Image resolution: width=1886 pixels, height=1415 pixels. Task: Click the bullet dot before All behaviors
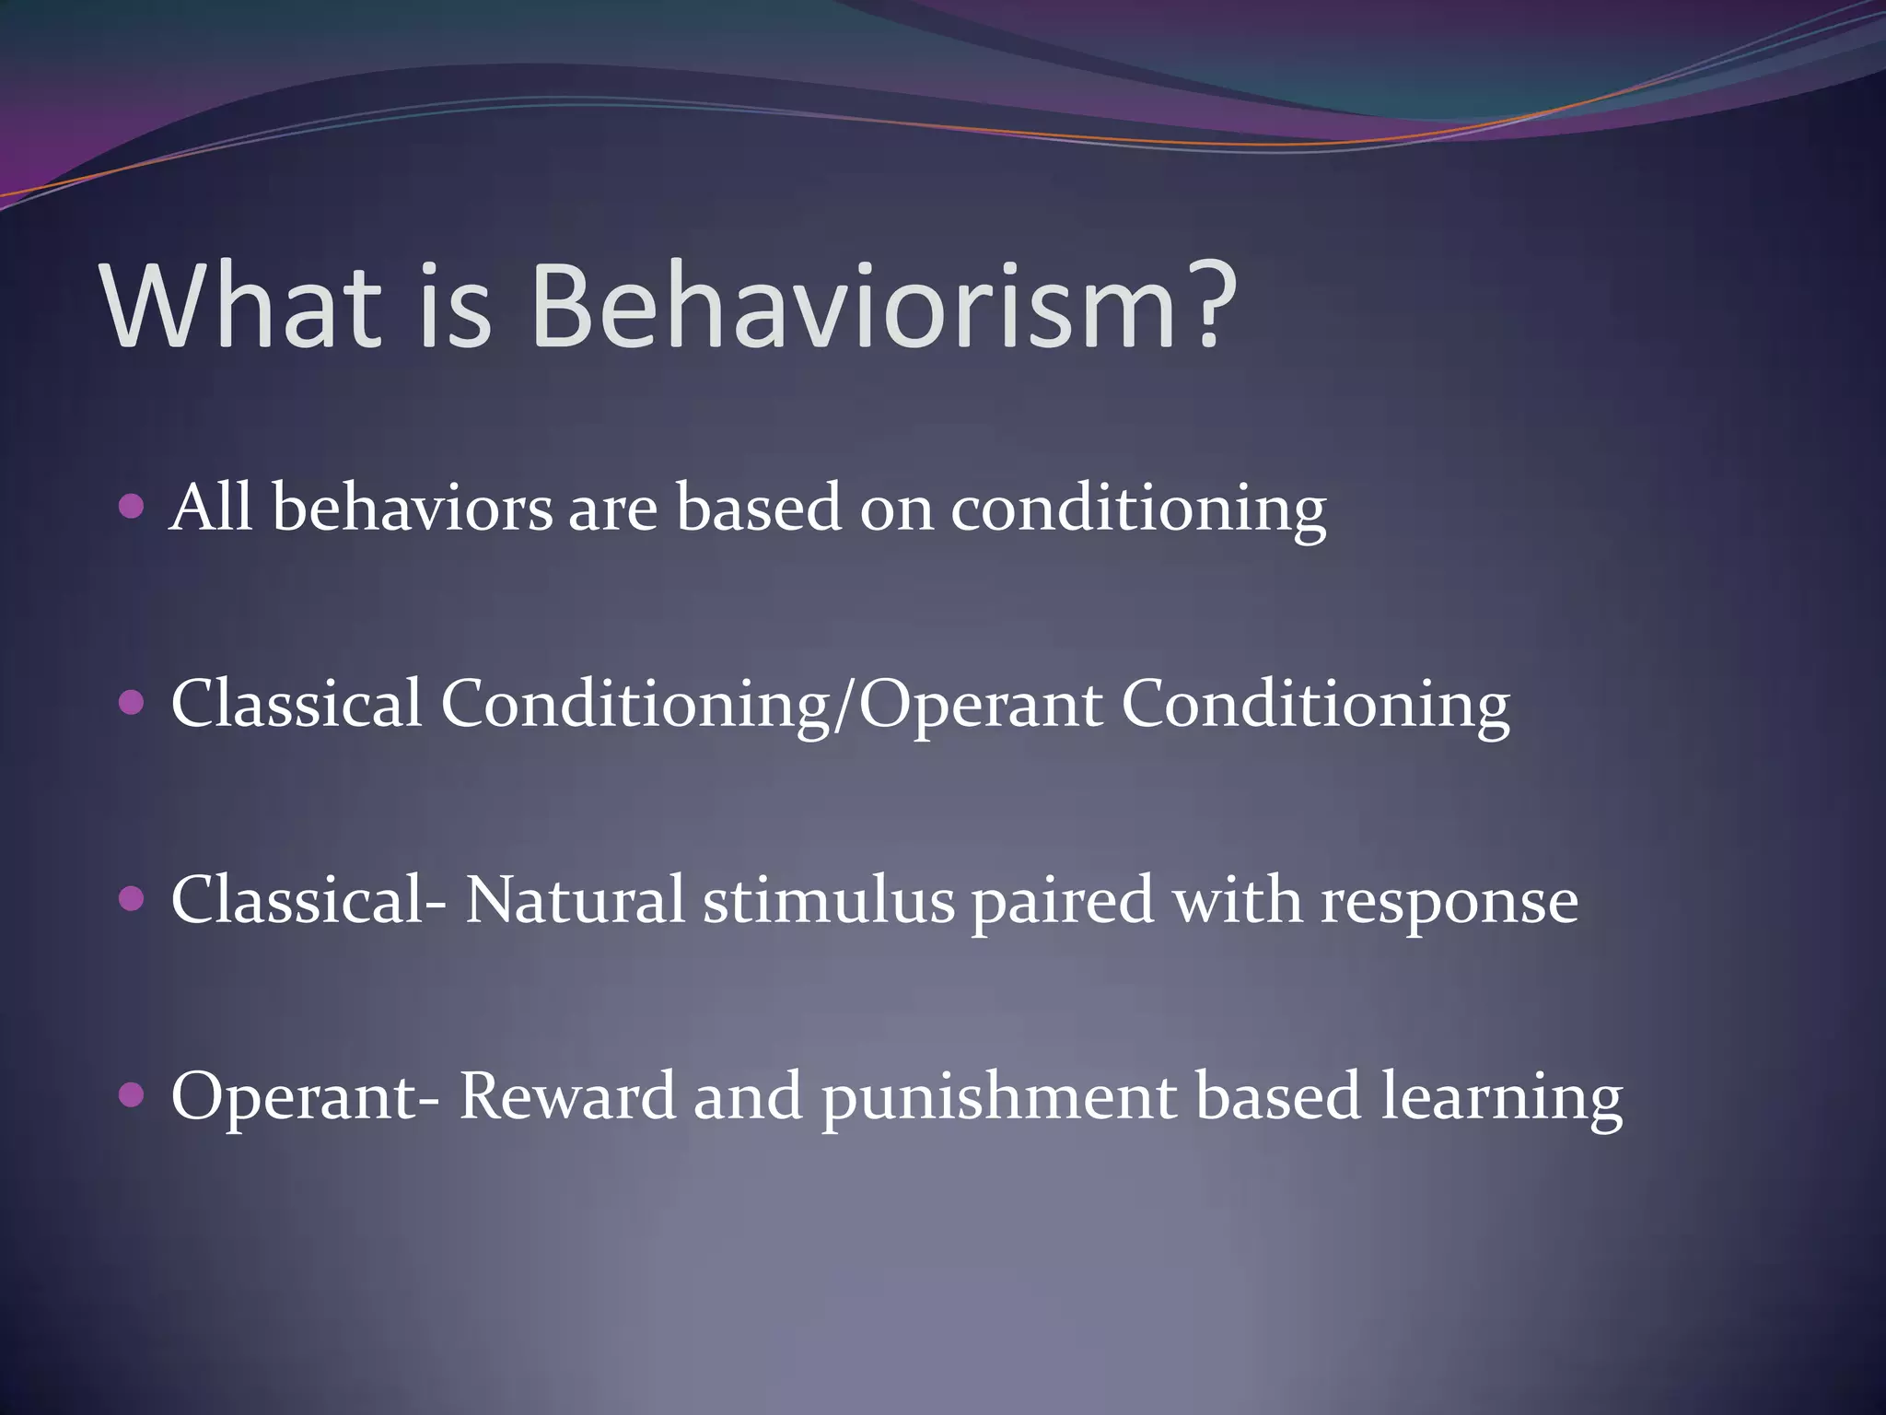coord(133,507)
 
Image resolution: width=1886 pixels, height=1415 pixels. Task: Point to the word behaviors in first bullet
coord(412,509)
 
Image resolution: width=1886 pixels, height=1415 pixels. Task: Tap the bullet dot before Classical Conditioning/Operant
coord(133,703)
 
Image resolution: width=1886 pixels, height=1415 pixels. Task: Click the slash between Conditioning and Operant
coord(844,706)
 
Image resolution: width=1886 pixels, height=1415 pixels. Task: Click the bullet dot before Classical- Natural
coord(133,898)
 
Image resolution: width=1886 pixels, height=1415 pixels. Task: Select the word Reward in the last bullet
coord(567,1096)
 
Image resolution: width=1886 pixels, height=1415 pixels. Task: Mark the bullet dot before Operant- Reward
coord(133,1094)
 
